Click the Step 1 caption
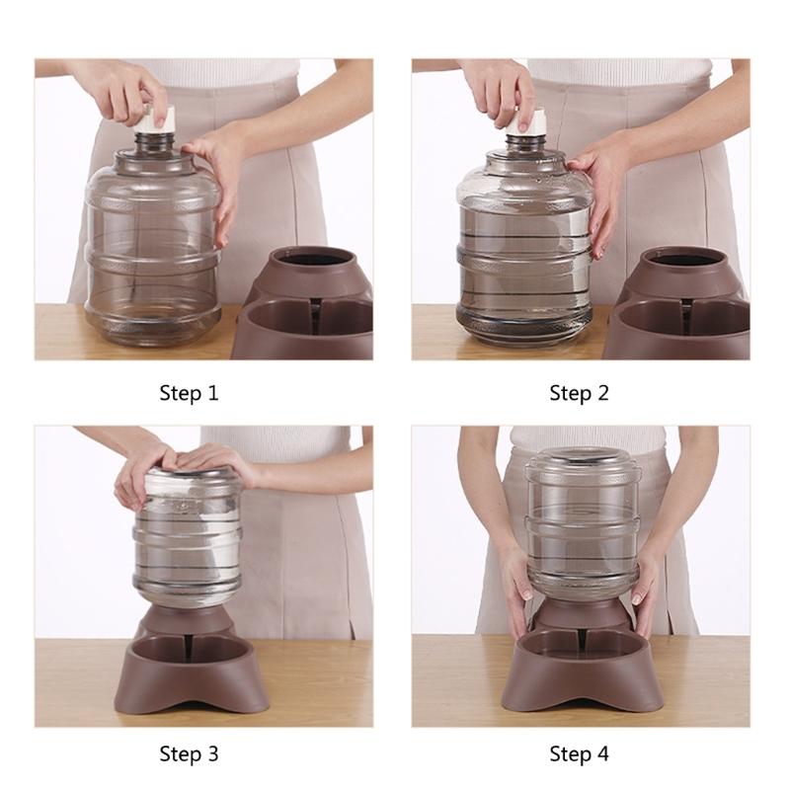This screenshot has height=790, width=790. click(189, 393)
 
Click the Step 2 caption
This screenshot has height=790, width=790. click(580, 393)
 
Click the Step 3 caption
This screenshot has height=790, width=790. click(189, 755)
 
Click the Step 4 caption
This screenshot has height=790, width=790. click(580, 755)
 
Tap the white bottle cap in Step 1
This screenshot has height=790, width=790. click(152, 119)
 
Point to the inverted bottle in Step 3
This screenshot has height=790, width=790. click(188, 538)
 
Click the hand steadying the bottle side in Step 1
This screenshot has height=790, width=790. click(219, 173)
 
